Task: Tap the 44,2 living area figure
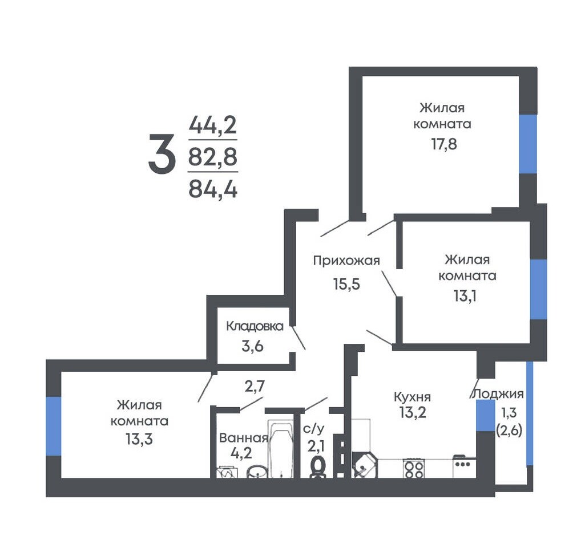pos(213,125)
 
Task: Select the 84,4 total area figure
pos(213,189)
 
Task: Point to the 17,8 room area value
pos(444,144)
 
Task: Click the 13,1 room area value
pos(465,296)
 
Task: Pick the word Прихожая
pos(346,261)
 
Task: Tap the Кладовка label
pos(255,326)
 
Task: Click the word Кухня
pos(412,397)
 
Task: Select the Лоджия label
pos(498,394)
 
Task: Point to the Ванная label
pos(244,438)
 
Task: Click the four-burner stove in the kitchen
pos(414,469)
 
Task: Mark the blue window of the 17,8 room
pos(528,144)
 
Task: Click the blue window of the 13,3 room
pos(53,426)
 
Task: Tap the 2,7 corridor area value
pos(255,387)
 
